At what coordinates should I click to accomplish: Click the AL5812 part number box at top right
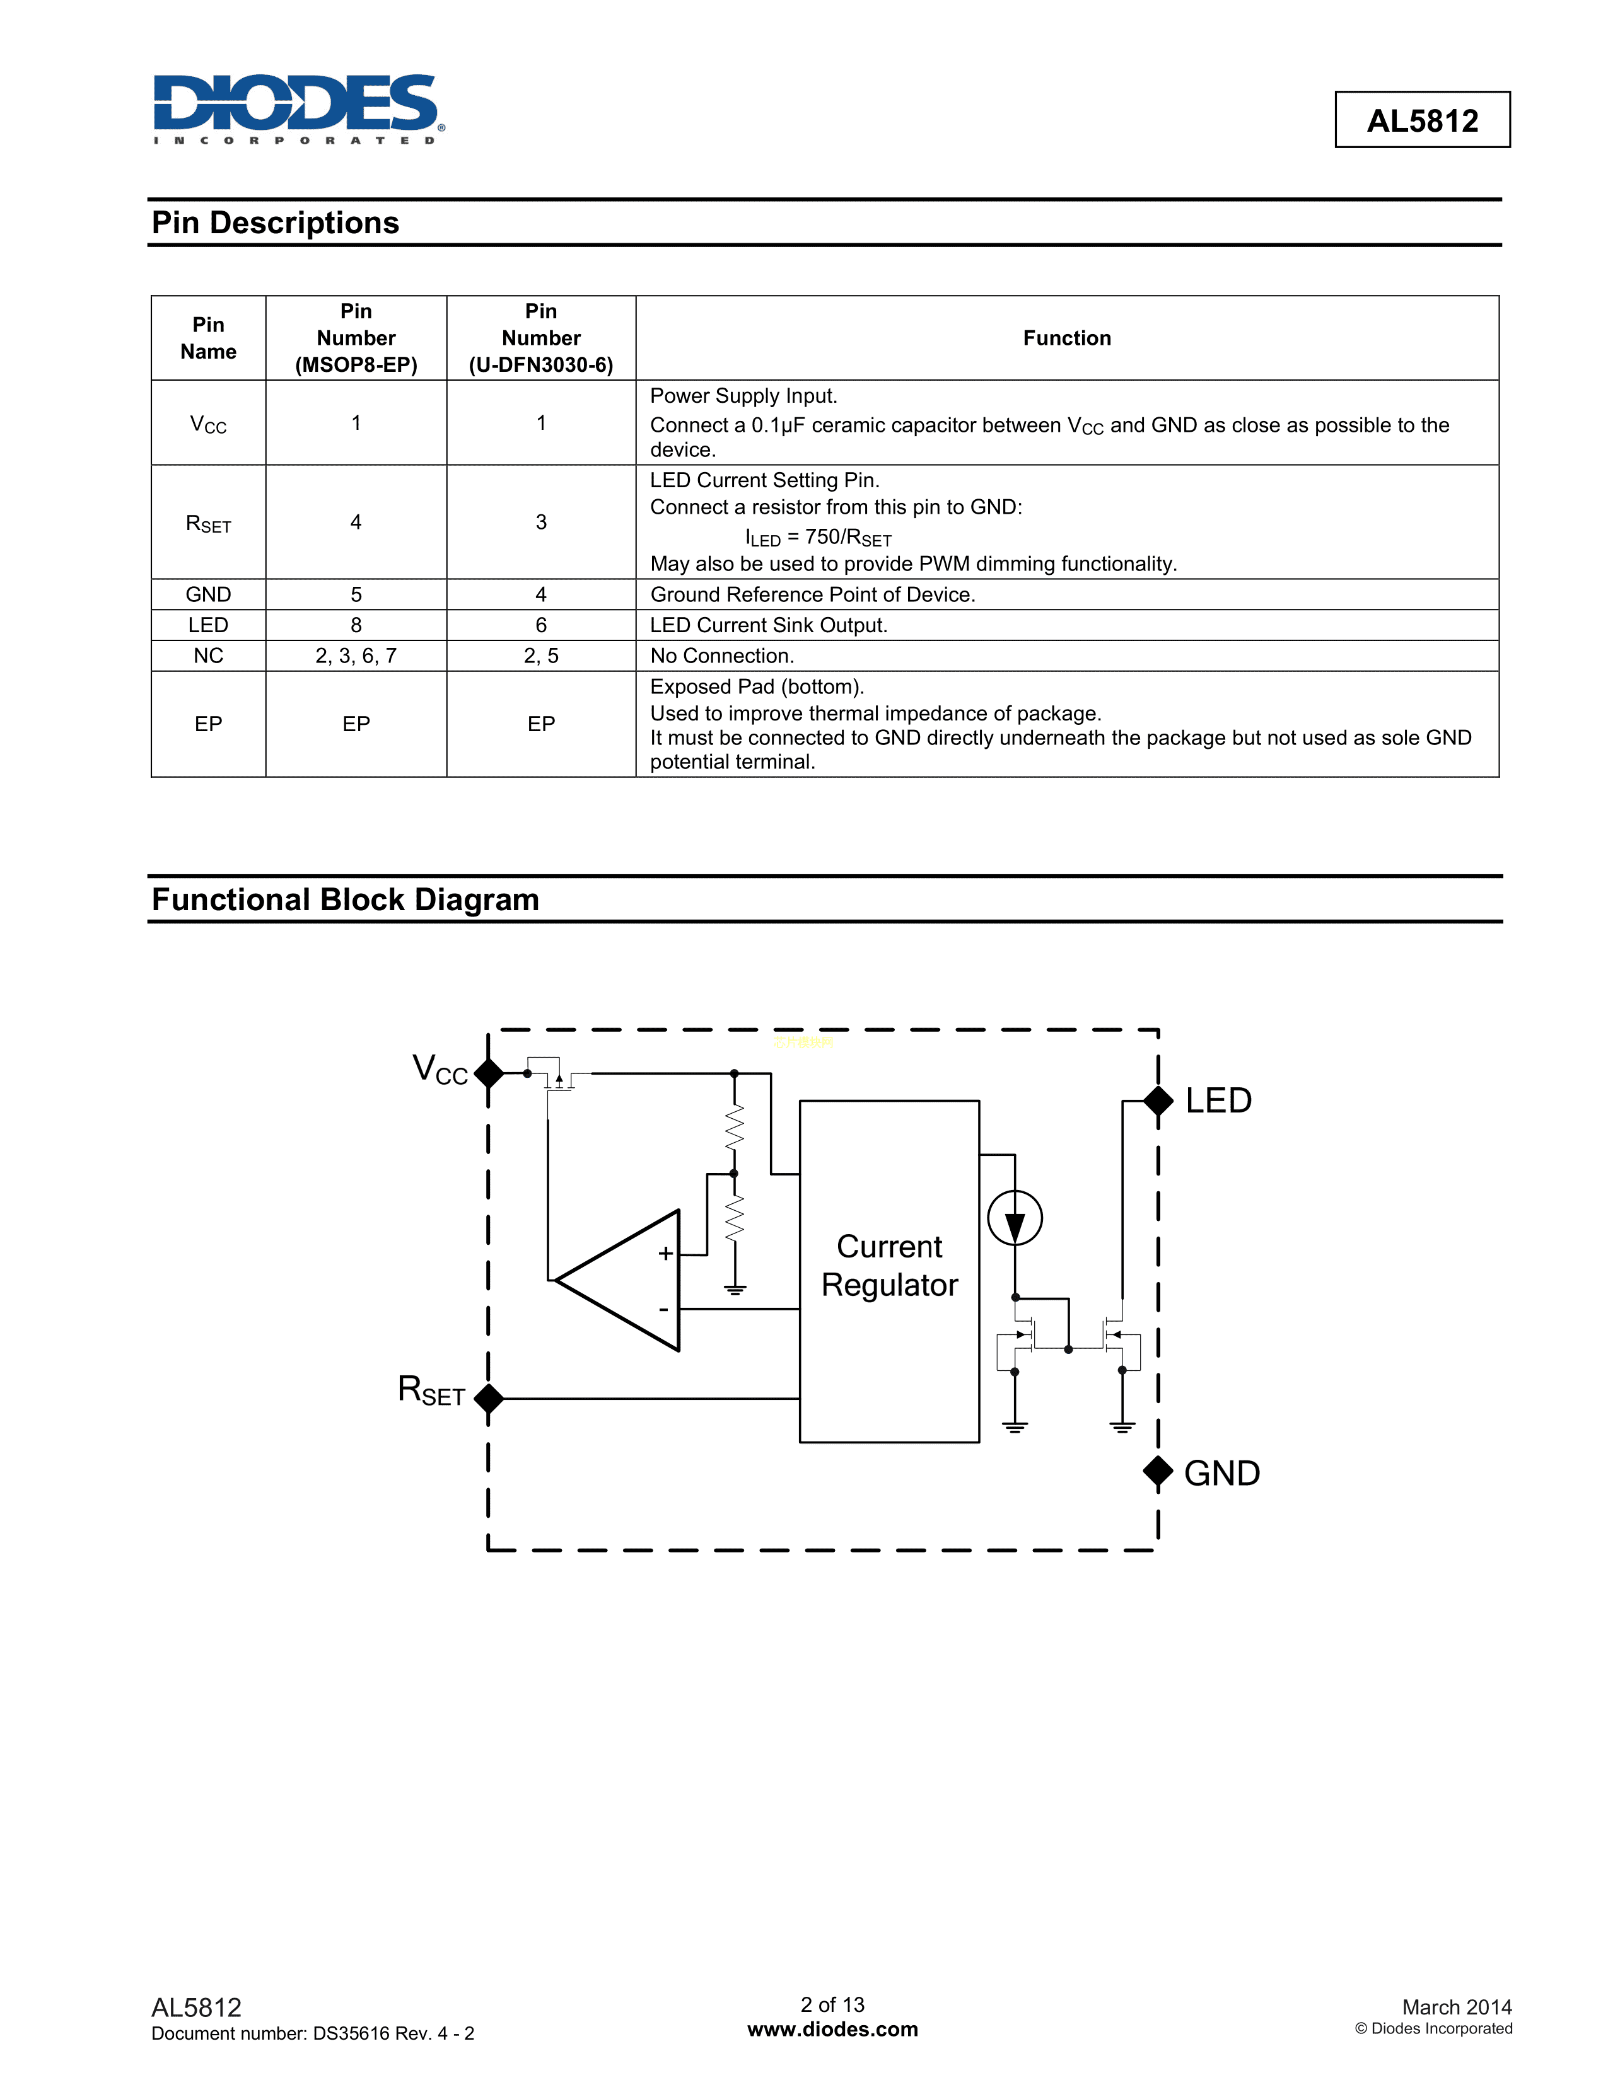click(1421, 120)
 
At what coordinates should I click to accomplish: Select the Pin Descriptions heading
click(276, 223)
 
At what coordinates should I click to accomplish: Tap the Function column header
click(1066, 338)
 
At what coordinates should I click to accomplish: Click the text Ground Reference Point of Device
click(812, 594)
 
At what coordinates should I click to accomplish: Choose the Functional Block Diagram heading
click(345, 900)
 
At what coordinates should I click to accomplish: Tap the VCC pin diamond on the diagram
click(489, 1073)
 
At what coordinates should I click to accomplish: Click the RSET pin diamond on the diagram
click(489, 1398)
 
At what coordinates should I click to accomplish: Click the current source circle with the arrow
click(1015, 1218)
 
